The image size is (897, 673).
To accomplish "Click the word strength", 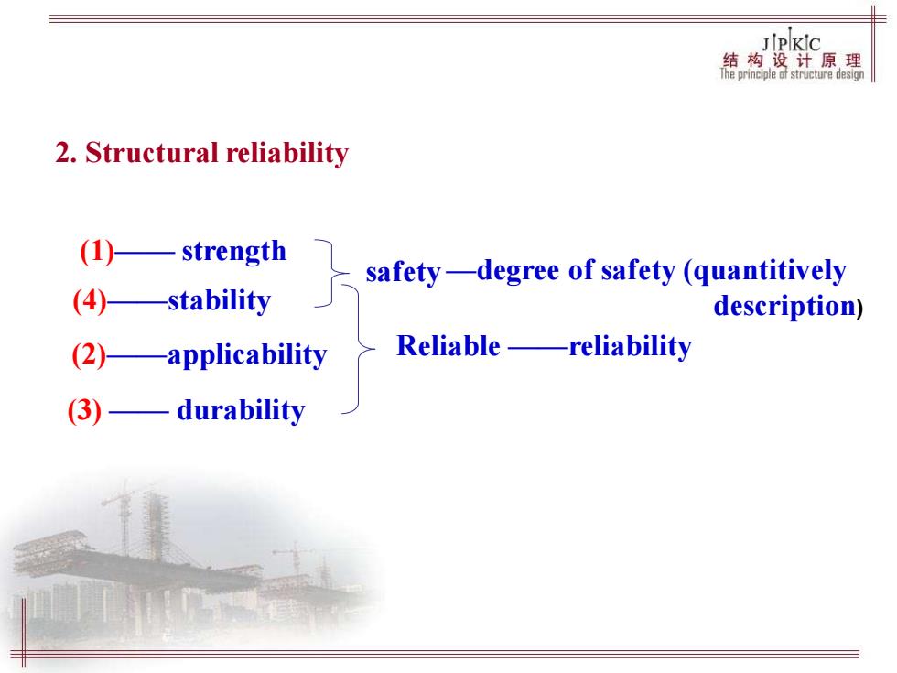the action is (x=234, y=252).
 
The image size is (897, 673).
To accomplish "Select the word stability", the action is (x=219, y=301).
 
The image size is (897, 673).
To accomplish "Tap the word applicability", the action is (x=247, y=355).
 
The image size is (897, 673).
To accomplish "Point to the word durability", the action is (x=241, y=410).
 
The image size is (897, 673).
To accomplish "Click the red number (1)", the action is (x=97, y=251).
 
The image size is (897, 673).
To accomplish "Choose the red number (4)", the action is (x=90, y=301).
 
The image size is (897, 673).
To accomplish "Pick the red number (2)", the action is (x=89, y=355).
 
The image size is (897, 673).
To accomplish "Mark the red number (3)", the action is (x=84, y=410).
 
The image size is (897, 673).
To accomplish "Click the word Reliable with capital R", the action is (x=448, y=346).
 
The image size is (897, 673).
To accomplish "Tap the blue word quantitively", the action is (x=770, y=271).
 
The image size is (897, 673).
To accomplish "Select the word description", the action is (x=785, y=306).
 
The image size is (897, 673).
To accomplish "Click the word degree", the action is (x=518, y=271).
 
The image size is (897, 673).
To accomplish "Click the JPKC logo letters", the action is (x=791, y=42).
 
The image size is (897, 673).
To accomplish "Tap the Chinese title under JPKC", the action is (x=792, y=60).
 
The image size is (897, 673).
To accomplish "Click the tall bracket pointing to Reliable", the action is (x=359, y=349).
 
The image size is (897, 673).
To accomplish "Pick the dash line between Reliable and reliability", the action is (x=538, y=347).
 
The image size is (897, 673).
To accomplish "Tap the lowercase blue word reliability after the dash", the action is (x=631, y=347).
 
